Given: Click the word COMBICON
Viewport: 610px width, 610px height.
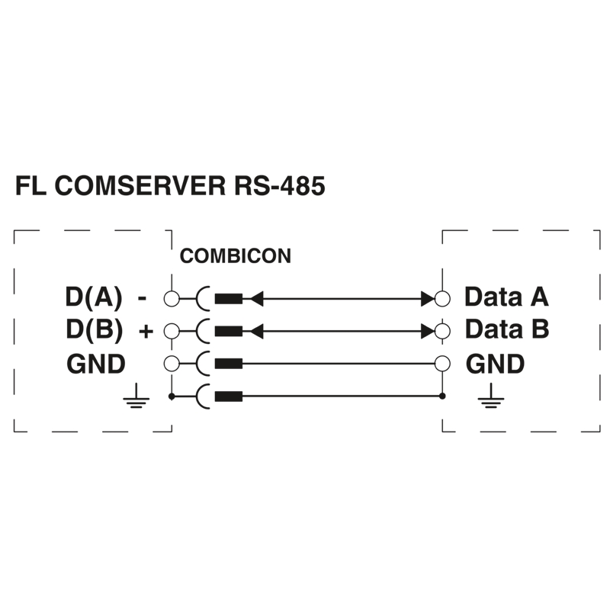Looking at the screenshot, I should pyautogui.click(x=235, y=257).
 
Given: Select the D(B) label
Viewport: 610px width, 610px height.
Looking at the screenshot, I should pyautogui.click(x=95, y=331).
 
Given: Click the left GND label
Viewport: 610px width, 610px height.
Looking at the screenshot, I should pyautogui.click(x=96, y=364).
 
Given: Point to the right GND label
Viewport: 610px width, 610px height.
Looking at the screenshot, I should pyautogui.click(x=495, y=364).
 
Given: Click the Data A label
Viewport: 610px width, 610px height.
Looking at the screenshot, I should pyautogui.click(x=506, y=297).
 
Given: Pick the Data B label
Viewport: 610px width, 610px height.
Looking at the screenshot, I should pyautogui.click(x=506, y=330).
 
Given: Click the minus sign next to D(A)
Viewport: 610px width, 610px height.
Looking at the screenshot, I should pyautogui.click(x=143, y=298).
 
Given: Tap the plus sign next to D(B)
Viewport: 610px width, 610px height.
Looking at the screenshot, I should pyautogui.click(x=146, y=332).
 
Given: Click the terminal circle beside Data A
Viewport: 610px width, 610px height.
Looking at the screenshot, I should pyautogui.click(x=443, y=298).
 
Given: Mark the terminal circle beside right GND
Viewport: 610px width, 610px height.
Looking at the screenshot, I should pyautogui.click(x=443, y=364).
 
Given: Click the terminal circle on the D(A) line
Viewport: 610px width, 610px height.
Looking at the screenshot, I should pyautogui.click(x=172, y=298).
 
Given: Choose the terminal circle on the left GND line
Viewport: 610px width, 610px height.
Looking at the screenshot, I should pyautogui.click(x=172, y=364).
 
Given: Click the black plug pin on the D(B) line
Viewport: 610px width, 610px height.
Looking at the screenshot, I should pyautogui.click(x=229, y=331).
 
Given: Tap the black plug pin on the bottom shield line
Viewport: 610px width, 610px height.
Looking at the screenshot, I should pyautogui.click(x=229, y=396).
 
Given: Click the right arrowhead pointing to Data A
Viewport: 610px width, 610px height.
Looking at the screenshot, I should pyautogui.click(x=428, y=298).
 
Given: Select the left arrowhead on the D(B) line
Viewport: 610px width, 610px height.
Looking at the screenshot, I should pyautogui.click(x=257, y=331).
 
